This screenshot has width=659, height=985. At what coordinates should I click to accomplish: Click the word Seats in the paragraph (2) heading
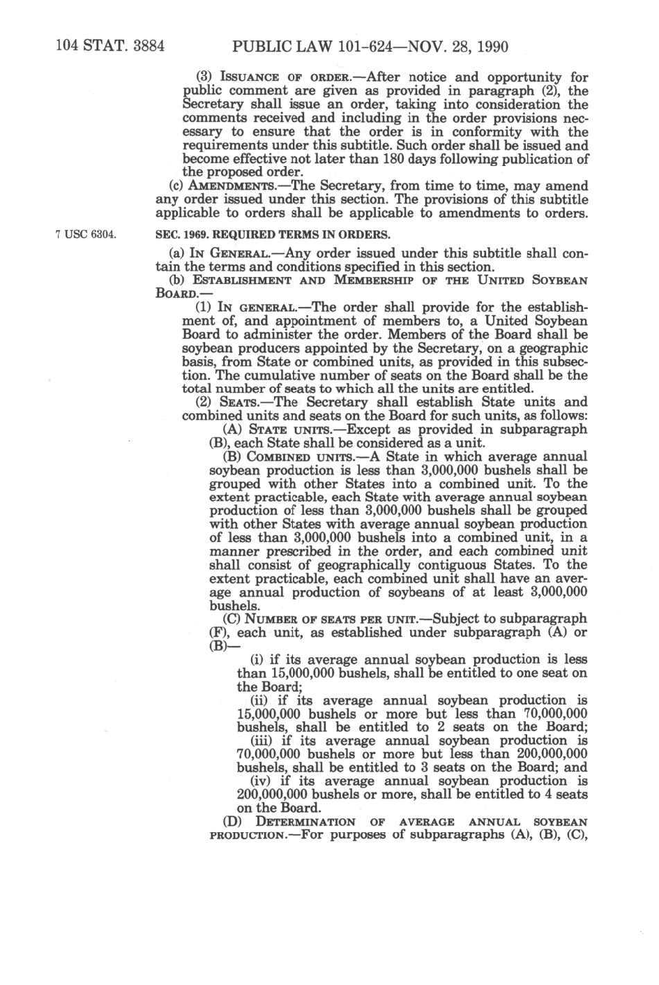239,403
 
